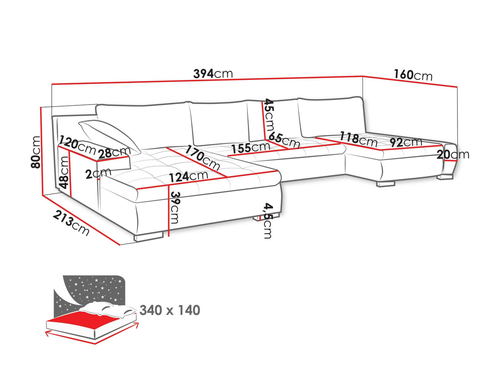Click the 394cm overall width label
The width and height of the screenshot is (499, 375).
(x=213, y=74)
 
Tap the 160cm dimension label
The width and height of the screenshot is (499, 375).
(x=413, y=75)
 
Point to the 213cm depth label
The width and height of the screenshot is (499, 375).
(x=71, y=223)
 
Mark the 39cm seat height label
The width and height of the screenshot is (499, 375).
(x=176, y=207)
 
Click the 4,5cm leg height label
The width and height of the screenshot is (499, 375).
(x=268, y=221)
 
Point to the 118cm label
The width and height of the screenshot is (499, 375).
(x=358, y=139)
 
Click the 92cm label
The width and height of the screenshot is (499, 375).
(x=406, y=142)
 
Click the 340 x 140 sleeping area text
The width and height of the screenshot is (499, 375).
(x=170, y=310)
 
